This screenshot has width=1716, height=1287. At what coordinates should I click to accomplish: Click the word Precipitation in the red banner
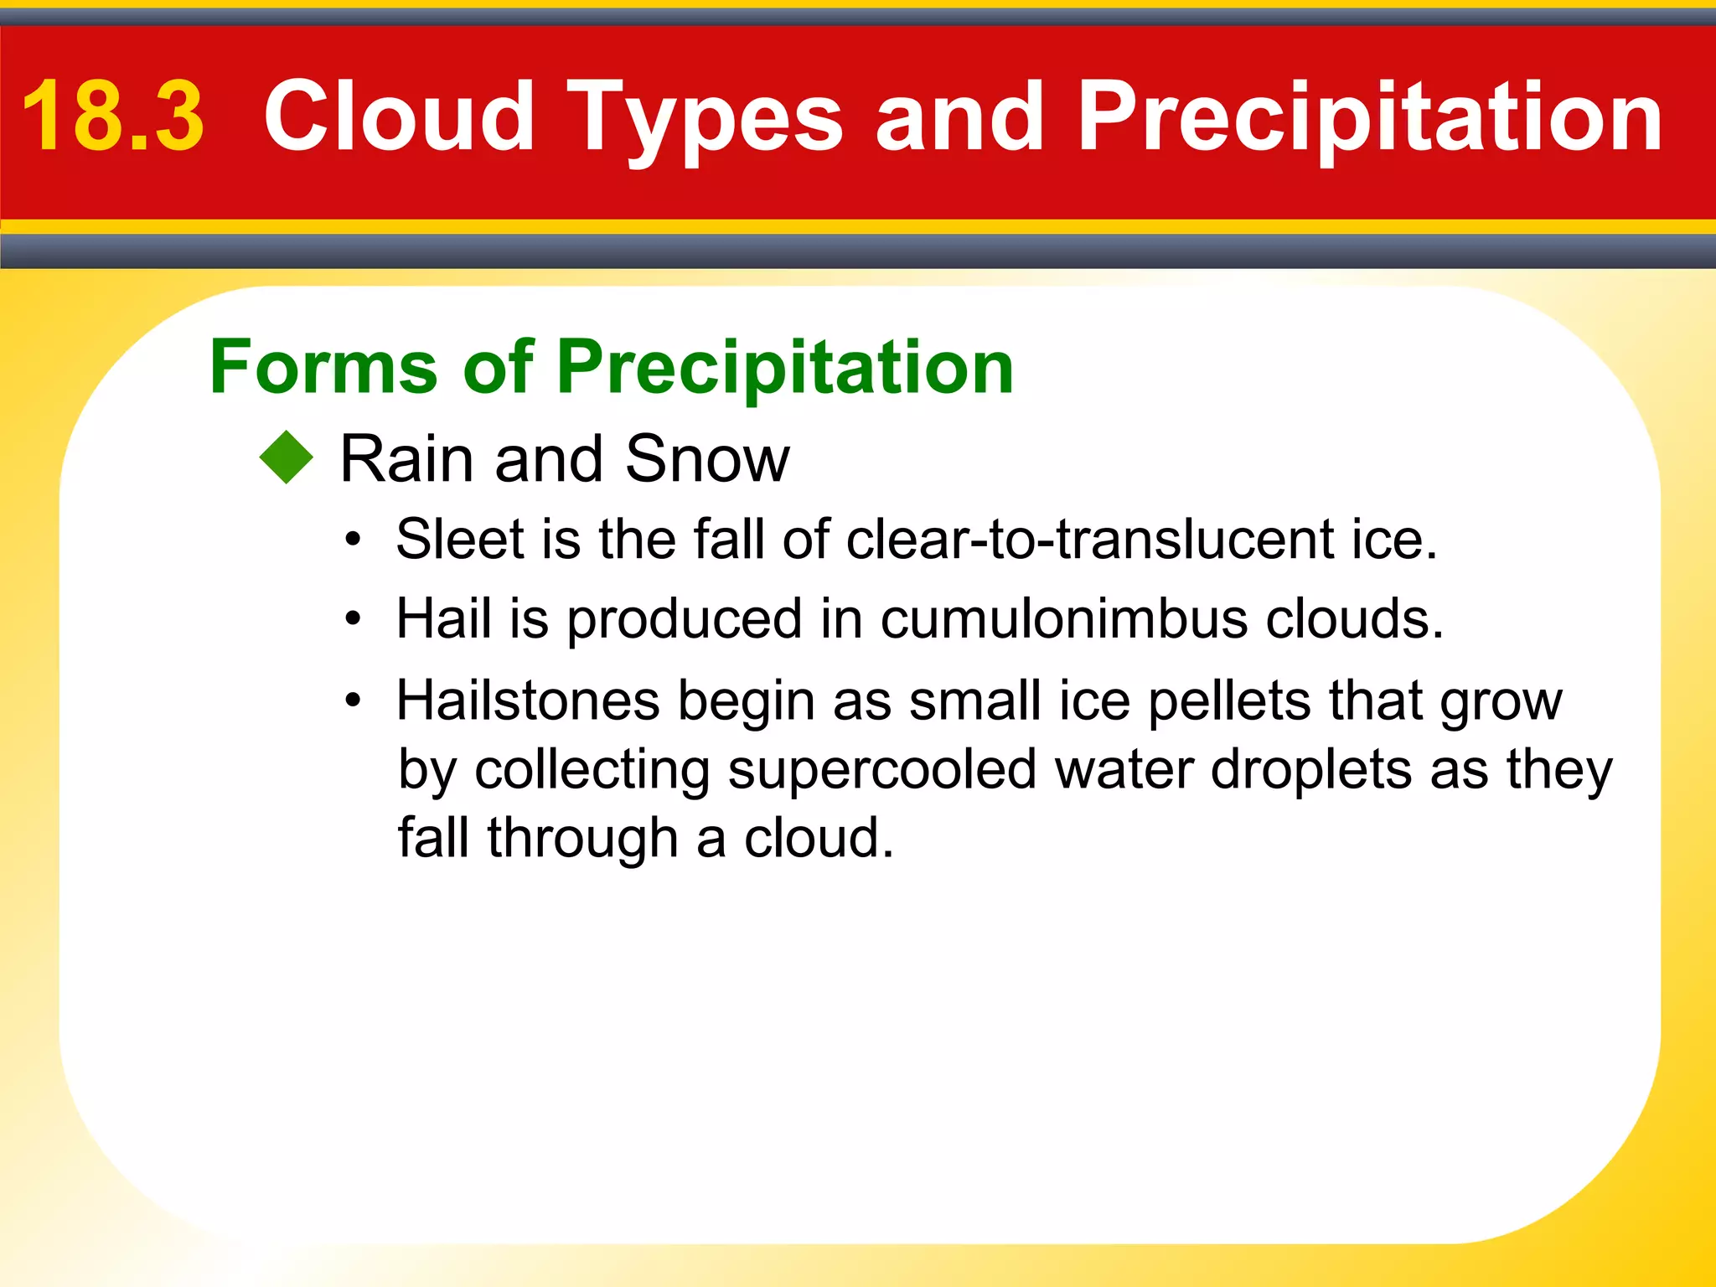click(1369, 117)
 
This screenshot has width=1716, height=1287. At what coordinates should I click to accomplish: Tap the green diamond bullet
click(287, 457)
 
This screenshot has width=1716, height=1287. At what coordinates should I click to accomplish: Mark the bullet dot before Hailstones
click(354, 700)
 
